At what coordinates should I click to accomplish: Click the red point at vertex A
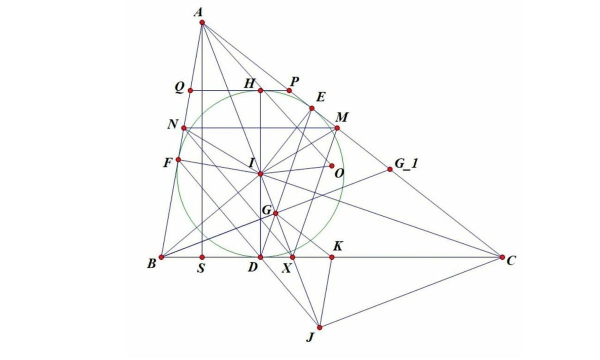click(202, 22)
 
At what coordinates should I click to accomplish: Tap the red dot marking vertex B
click(161, 257)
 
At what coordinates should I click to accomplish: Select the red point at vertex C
click(502, 257)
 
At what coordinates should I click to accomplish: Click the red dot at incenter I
click(260, 174)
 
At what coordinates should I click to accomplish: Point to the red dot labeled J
click(319, 327)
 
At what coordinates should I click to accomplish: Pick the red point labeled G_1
click(390, 169)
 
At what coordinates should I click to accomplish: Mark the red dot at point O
click(332, 166)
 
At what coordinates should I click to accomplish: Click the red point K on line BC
click(332, 257)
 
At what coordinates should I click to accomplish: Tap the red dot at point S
click(202, 257)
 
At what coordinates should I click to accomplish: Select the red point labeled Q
click(190, 90)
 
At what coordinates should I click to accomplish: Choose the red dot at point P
click(289, 90)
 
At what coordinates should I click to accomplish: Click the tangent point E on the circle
click(312, 108)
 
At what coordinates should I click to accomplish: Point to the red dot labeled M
click(337, 128)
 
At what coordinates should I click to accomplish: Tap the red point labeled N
click(184, 128)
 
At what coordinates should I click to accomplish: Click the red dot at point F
click(178, 160)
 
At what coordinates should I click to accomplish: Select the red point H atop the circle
click(260, 90)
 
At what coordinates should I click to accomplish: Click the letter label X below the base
click(286, 268)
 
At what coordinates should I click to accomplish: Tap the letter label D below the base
click(252, 267)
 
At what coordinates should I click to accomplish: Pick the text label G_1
click(406, 164)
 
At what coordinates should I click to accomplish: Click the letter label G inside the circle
click(267, 210)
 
